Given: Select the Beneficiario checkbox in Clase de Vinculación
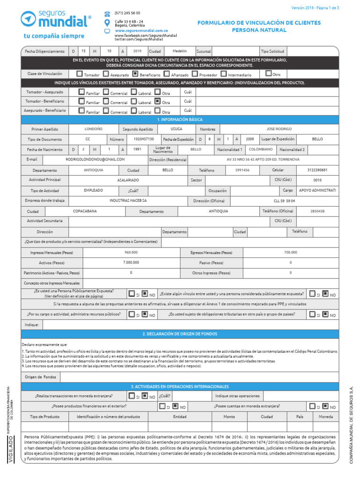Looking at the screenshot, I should [135, 74].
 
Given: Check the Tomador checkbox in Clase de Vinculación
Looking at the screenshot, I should [80, 74].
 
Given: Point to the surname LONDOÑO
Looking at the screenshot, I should [93, 129].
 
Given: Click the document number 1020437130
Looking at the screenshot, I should [143, 139].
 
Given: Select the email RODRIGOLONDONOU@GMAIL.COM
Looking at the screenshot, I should [96, 159].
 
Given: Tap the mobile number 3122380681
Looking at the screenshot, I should [317, 170].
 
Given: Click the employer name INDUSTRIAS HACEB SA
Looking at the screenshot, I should [128, 201].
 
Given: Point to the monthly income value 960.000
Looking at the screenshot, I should [131, 252].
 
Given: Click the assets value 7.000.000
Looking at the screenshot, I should [131, 262].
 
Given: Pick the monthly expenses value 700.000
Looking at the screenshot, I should [290, 252].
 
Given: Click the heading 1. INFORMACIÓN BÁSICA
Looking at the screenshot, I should [180, 120].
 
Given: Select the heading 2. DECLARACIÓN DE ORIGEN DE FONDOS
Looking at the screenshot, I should [180, 333].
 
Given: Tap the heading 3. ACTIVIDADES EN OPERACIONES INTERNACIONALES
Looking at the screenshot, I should [180, 386].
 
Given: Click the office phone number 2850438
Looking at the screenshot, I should [317, 211].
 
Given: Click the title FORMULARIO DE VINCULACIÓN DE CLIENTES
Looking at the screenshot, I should [259, 22].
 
